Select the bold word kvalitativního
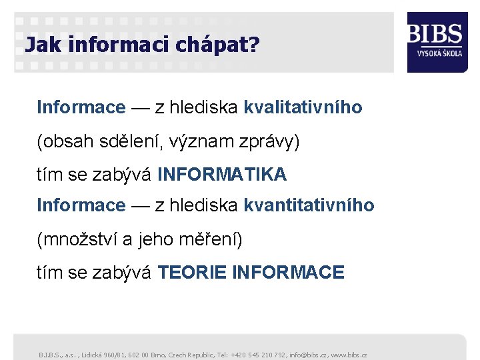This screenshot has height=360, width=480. click(303, 107)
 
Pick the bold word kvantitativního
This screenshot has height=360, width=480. click(309, 205)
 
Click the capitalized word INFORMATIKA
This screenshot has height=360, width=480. click(222, 175)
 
